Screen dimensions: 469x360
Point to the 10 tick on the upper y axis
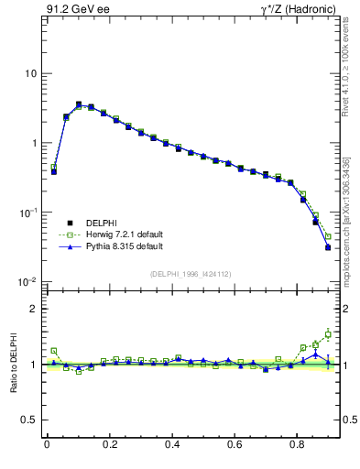point(29,73)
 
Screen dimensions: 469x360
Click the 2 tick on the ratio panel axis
point(31,309)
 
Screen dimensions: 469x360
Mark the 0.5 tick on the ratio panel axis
point(27,420)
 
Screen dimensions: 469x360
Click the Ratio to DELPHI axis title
point(11,365)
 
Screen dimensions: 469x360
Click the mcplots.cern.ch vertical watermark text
point(346,220)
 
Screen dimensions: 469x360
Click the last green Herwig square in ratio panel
point(328,334)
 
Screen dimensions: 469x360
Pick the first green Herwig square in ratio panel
point(54,351)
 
